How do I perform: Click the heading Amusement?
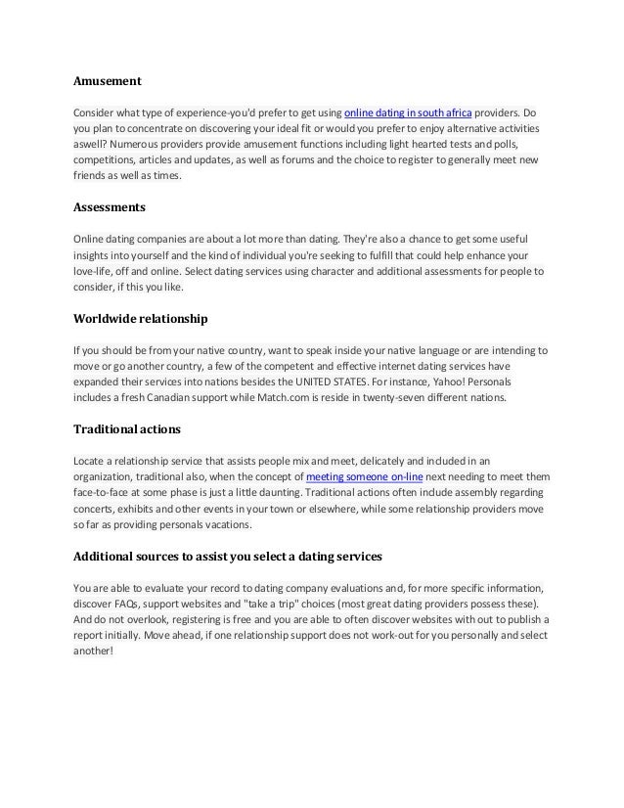(x=109, y=80)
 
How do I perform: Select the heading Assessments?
(x=111, y=207)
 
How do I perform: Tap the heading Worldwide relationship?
(x=140, y=319)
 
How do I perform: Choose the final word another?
(x=94, y=652)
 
